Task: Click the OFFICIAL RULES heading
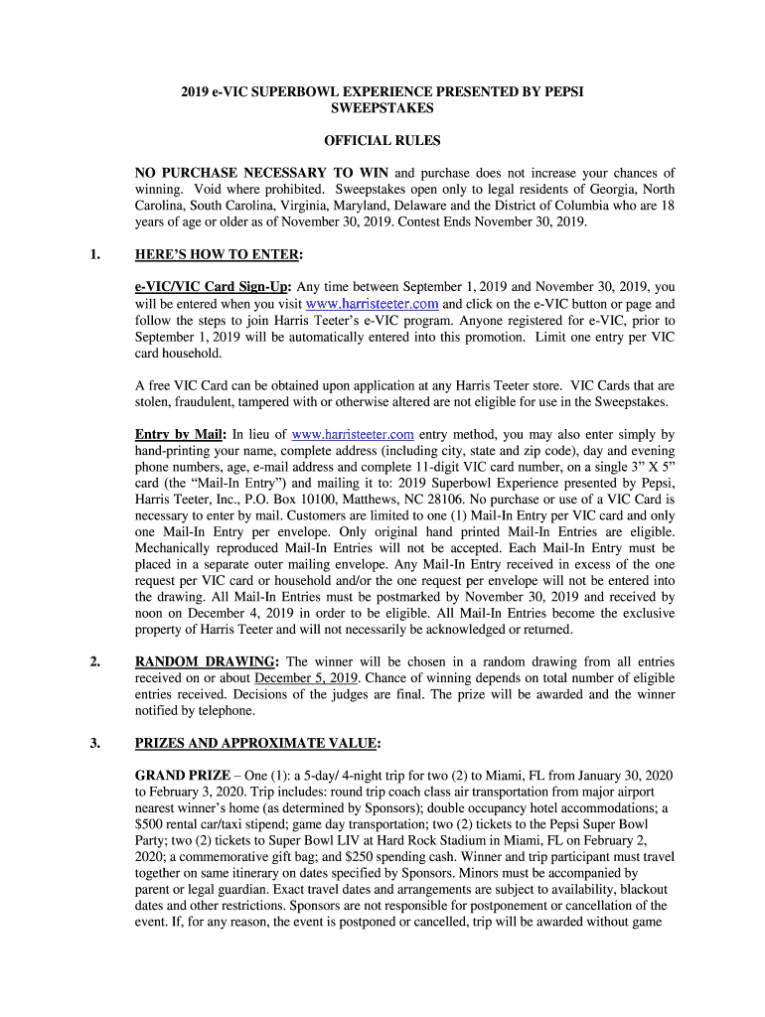click(382, 141)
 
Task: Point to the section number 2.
click(94, 661)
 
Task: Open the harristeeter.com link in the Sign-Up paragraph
click(373, 304)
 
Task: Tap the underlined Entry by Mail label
click(181, 435)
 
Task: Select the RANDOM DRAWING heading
click(207, 661)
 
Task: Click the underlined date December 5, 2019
click(305, 678)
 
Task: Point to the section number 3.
click(94, 743)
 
